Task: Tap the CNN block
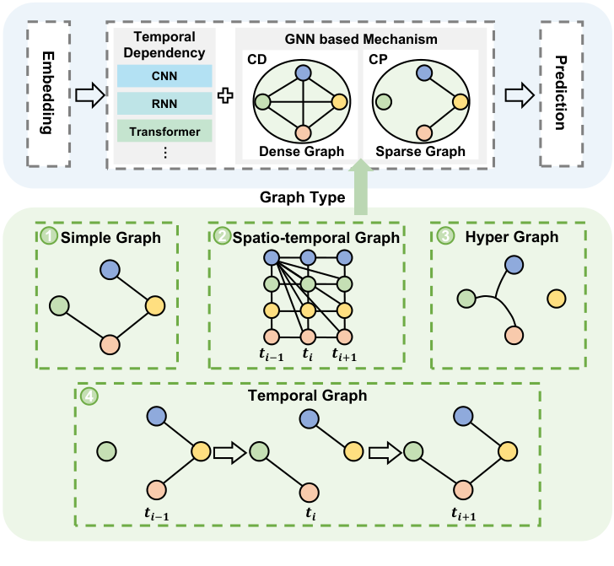pyautogui.click(x=164, y=76)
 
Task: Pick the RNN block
pyautogui.click(x=164, y=103)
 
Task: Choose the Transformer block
pyautogui.click(x=164, y=132)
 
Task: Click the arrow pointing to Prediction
pyautogui.click(x=520, y=95)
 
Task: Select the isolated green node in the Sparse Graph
pyautogui.click(x=383, y=102)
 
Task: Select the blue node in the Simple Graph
pyautogui.click(x=110, y=270)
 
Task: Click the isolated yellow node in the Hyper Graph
pyautogui.click(x=556, y=298)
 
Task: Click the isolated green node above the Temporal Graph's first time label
pyautogui.click(x=105, y=452)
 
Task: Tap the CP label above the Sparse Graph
pyautogui.click(x=378, y=61)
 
